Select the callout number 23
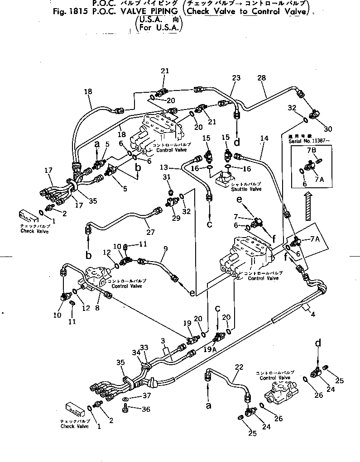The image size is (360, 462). (x=236, y=78)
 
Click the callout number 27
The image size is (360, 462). (x=150, y=232)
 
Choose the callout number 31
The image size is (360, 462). (x=167, y=177)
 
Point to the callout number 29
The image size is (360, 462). (x=176, y=218)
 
